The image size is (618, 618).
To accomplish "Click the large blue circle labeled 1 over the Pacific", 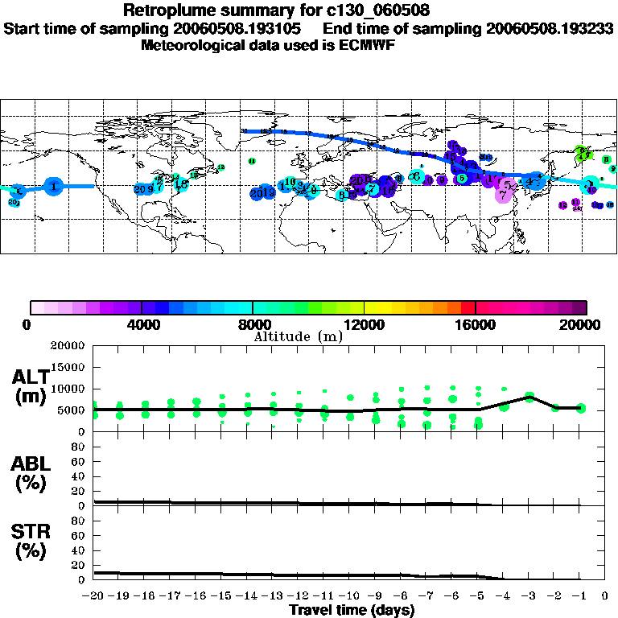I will pos(53,186).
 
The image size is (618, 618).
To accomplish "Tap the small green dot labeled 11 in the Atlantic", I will pos(252,161).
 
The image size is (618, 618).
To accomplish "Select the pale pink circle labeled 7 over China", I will pos(504,194).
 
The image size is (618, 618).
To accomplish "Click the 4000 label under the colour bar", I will pos(142,325).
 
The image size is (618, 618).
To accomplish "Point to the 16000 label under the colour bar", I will pos(476,325).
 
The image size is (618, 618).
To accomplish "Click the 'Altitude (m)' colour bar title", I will pos(298,336).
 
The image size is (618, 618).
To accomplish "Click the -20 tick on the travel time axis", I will pos(94,596).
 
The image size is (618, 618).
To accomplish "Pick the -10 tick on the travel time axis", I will pos(350,596).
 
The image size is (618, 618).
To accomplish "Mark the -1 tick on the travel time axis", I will pos(580,596).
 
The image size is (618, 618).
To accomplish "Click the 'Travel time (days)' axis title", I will pos(352,610).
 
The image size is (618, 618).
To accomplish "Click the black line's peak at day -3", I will pos(529,396).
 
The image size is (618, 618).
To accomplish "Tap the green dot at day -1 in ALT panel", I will pos(580,409).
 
